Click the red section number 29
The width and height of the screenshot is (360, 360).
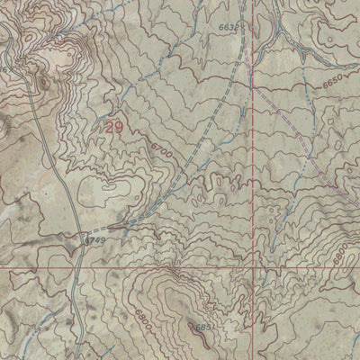(x=113, y=129)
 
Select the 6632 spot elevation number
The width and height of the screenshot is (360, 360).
(x=229, y=28)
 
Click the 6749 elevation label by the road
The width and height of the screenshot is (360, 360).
(x=95, y=240)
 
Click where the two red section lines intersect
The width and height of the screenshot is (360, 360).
(x=253, y=268)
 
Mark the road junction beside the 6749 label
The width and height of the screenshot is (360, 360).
(x=83, y=239)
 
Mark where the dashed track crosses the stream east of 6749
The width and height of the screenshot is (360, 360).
(x=135, y=222)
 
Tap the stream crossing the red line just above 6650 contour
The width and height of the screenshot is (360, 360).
(x=253, y=72)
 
